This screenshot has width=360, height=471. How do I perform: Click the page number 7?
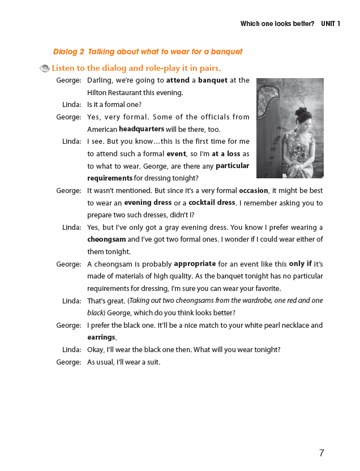click(322, 453)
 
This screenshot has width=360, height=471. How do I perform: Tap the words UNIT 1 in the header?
click(331, 24)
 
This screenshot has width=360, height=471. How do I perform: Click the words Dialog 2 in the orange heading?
click(68, 52)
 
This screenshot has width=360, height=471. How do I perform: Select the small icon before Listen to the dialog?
click(45, 68)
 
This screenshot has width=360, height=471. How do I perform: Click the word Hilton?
click(99, 93)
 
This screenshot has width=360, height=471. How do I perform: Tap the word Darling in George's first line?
click(100, 80)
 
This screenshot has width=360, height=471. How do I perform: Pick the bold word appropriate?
click(195, 264)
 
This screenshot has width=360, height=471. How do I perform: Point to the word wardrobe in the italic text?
click(259, 301)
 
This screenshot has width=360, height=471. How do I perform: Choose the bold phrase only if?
click(300, 264)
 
